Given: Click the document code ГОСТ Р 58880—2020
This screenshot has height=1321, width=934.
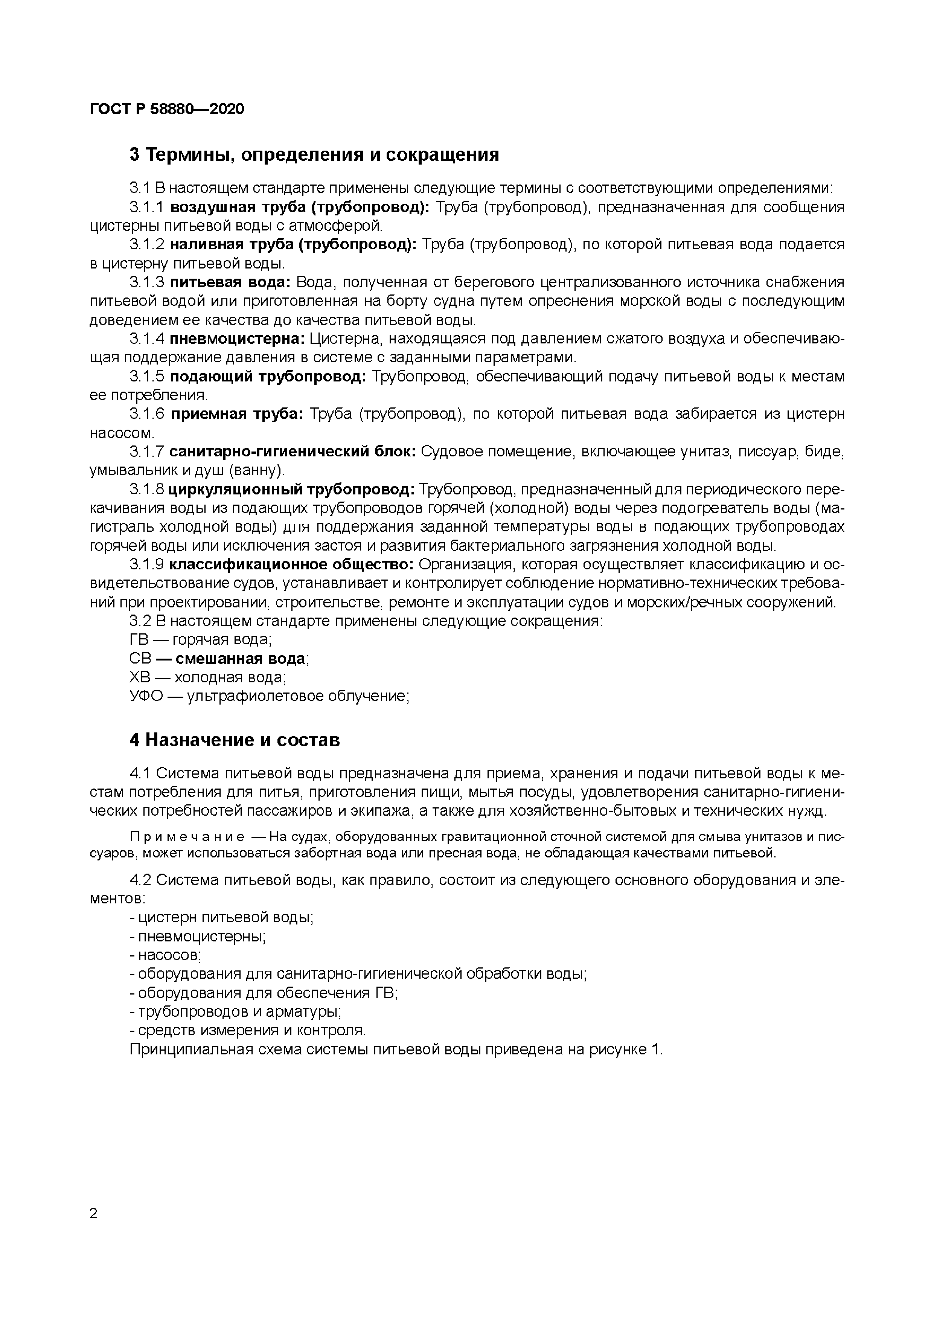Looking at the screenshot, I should tap(167, 109).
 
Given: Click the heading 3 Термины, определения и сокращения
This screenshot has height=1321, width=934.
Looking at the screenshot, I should tap(314, 155).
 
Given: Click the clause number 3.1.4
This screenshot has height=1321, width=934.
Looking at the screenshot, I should tap(147, 339).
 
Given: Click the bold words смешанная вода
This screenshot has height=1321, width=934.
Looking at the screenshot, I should tap(240, 659).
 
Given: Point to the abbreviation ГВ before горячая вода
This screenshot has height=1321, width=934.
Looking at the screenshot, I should tap(139, 640).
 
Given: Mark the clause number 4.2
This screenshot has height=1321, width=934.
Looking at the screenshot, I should tap(140, 880).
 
